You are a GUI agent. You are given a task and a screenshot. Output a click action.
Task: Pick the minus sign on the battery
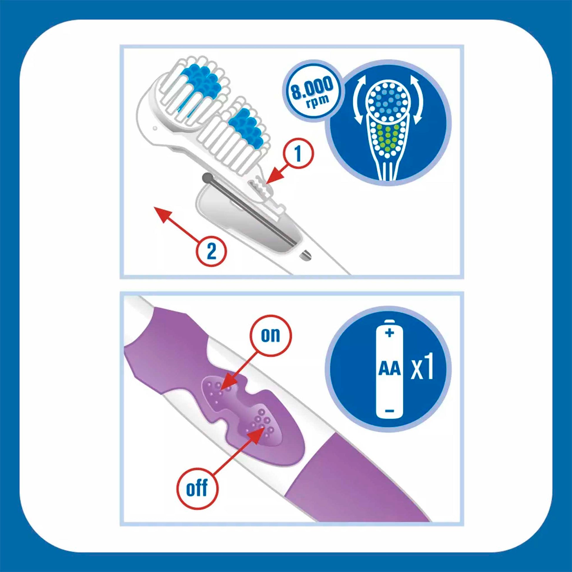[x=390, y=411]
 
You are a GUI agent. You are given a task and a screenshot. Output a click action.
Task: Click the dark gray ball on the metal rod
[x=206, y=178]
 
